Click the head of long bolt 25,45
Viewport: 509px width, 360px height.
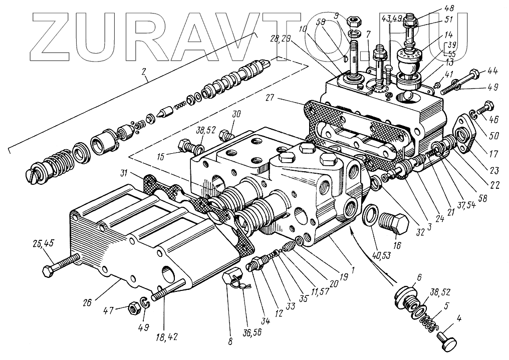coord(46,272)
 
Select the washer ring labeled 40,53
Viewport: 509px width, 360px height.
coord(370,214)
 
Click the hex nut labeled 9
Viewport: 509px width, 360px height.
coord(355,22)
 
